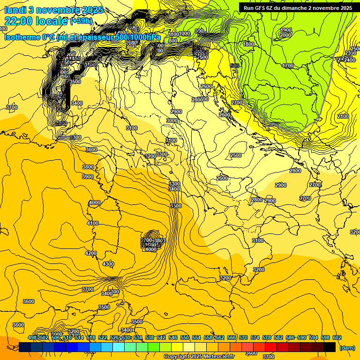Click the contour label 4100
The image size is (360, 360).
click(x=92, y=223)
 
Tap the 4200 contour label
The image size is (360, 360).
click(x=91, y=253)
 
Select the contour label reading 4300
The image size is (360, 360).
click(x=108, y=264)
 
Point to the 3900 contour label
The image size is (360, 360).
click(x=88, y=177)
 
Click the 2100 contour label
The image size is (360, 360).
click(x=343, y=116)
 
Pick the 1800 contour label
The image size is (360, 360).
click(x=248, y=44)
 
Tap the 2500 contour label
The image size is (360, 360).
click(x=236, y=155)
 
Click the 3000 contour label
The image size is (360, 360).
click(x=172, y=120)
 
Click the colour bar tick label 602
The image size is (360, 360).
click(x=337, y=337)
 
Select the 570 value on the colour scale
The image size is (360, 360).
click(x=243, y=337)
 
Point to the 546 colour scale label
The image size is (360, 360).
click(x=172, y=337)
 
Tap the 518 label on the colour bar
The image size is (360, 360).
click(x=91, y=337)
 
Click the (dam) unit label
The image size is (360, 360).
click(x=346, y=348)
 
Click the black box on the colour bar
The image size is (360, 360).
click(x=330, y=347)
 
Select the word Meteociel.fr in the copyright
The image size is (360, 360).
click(x=218, y=357)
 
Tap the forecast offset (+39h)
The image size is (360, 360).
click(x=81, y=21)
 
